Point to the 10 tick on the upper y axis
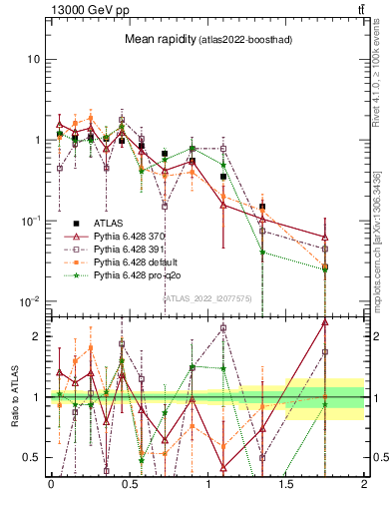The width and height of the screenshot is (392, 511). pyautogui.click(x=32, y=59)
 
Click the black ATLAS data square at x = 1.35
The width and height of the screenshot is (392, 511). pyautogui.click(x=262, y=207)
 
